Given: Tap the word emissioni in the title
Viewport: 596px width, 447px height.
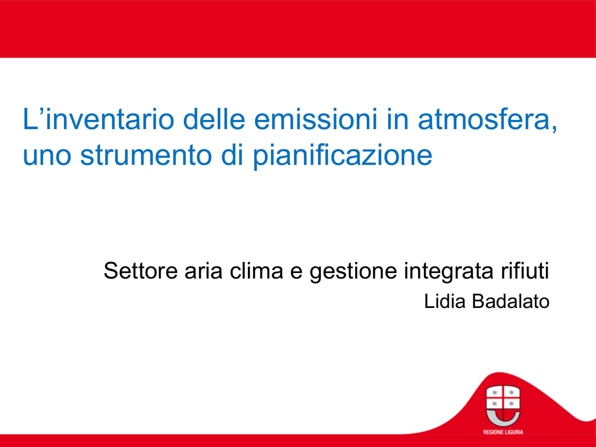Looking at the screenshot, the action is pyautogui.click(x=315, y=119).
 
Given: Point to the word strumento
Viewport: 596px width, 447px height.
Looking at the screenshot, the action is pyautogui.click(x=146, y=155).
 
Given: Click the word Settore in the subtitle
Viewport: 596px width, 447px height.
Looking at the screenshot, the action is pyautogui.click(x=141, y=271).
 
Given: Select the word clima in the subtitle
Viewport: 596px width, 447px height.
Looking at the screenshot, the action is pyautogui.click(x=257, y=271).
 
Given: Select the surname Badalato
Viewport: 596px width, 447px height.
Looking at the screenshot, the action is pyautogui.click(x=510, y=301).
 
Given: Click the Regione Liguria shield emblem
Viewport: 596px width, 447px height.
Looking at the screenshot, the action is pyautogui.click(x=503, y=406).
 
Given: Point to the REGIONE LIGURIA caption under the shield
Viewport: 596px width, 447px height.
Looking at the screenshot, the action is pyautogui.click(x=503, y=432).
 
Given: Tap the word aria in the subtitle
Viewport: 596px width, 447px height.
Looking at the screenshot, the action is pyautogui.click(x=203, y=271).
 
